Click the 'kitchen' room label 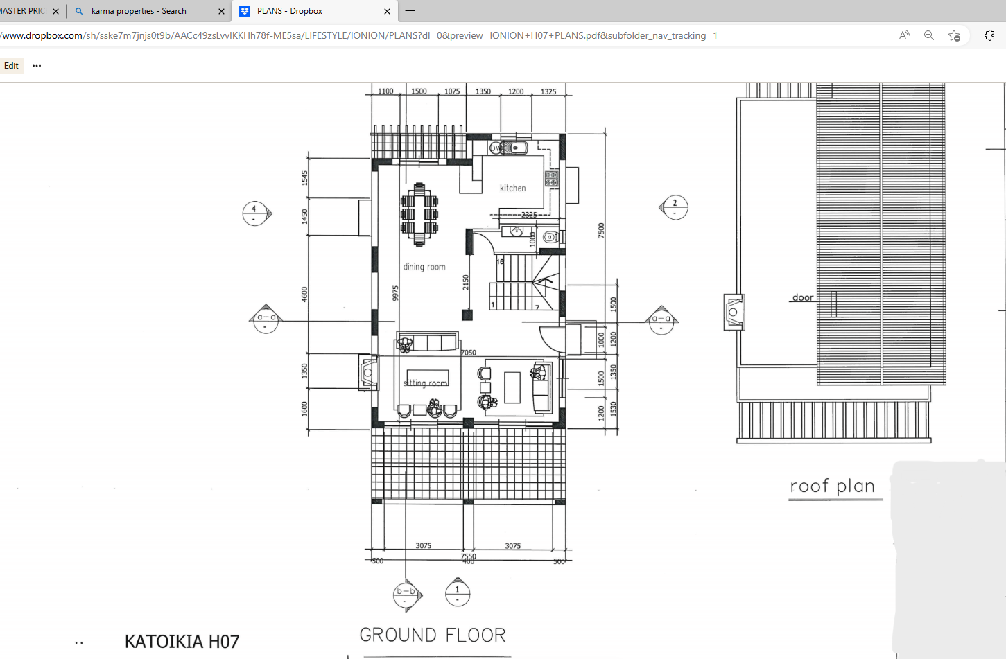coord(512,188)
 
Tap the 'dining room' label coord(424,267)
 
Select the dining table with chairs coord(419,215)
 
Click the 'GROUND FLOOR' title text coord(433,635)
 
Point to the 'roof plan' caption coord(833,486)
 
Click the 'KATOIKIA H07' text coord(182,642)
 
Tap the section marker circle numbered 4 coord(254,213)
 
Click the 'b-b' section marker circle coord(406,595)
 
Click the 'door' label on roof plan coord(803,297)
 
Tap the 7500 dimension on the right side coord(601,231)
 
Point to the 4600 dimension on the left coord(304,295)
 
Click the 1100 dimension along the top coord(385,91)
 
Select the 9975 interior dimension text coord(396,293)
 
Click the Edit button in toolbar coord(12,66)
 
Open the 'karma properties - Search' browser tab coord(139,11)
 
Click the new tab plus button coord(410,11)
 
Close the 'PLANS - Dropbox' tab coord(387,11)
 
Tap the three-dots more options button coord(37,66)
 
